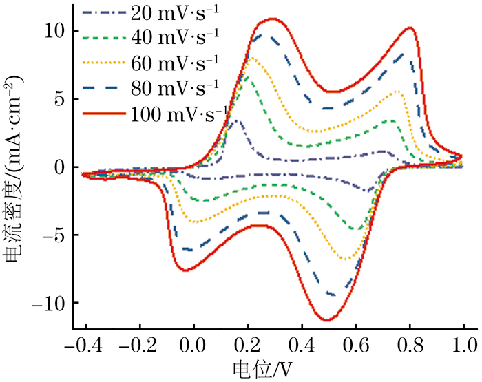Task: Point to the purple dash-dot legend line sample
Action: tap(103, 12)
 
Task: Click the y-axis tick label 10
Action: tap(53, 31)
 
